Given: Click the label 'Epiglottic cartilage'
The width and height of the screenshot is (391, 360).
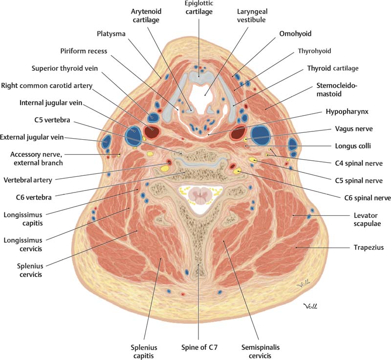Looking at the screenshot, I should tap(198, 8).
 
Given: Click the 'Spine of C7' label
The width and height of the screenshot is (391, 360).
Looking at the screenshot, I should tap(198, 347).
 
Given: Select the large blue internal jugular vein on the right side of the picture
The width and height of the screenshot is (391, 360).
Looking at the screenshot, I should tap(260, 134).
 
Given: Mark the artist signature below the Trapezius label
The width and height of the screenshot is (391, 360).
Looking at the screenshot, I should tap(310, 306).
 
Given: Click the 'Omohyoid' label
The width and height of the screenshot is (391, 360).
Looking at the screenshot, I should tap(295, 34).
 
